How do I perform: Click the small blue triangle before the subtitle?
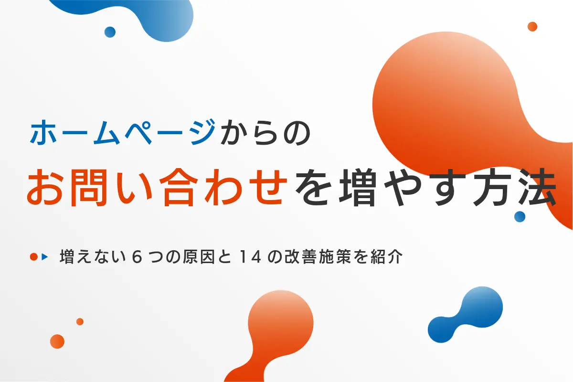[x=45, y=257]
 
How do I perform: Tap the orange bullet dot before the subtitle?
[x=33, y=257]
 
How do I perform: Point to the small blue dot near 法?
[x=520, y=216]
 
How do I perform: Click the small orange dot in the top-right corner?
[x=532, y=26]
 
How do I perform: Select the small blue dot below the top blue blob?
[x=110, y=32]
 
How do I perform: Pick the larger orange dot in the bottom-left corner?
[x=57, y=341]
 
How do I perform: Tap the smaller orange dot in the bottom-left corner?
[x=80, y=321]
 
